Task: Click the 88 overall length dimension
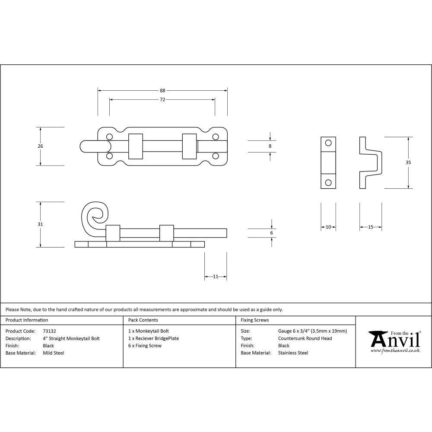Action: tap(162, 91)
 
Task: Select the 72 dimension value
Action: tap(162, 100)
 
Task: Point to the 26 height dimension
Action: tap(40, 146)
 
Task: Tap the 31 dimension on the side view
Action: tap(40, 224)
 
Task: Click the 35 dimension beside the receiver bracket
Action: tap(408, 162)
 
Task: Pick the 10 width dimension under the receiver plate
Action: tap(328, 227)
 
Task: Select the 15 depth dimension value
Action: tap(370, 227)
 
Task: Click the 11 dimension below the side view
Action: tap(216, 276)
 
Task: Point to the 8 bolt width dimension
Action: tap(270, 146)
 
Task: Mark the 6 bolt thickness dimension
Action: tap(271, 233)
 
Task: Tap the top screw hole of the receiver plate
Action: tap(328, 143)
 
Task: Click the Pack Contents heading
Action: tap(143, 320)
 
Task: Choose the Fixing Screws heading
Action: tap(254, 320)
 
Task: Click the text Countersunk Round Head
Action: tap(305, 338)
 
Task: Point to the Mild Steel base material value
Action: tap(53, 353)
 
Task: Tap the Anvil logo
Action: tap(394, 341)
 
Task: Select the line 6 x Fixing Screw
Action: tap(145, 346)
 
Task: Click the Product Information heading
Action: tap(27, 320)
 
